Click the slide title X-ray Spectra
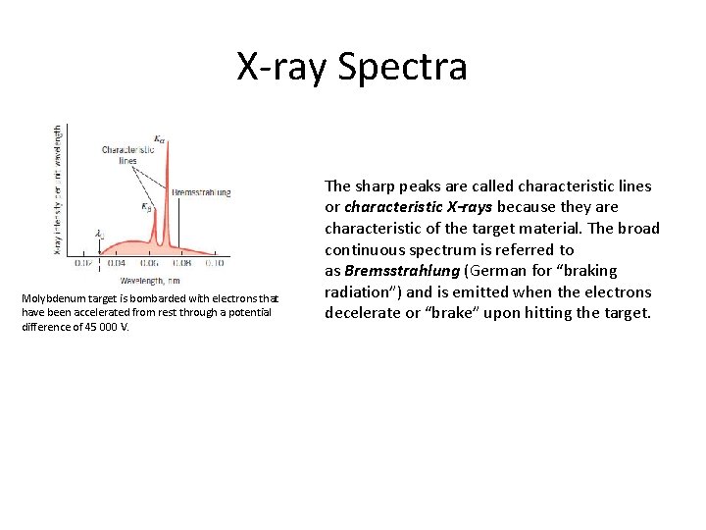point(352,67)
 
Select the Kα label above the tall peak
point(160,137)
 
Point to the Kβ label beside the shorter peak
point(146,207)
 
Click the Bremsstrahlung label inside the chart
point(201,192)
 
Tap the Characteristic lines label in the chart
point(126,155)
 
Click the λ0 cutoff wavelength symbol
point(99,234)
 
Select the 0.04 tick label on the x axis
point(116,263)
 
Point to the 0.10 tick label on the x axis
point(213,263)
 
